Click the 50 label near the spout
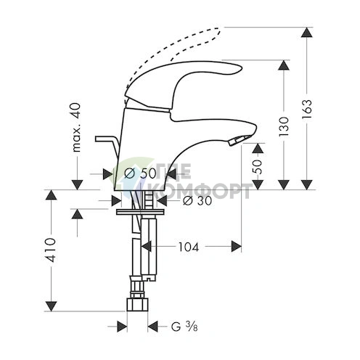tap(255, 166)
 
